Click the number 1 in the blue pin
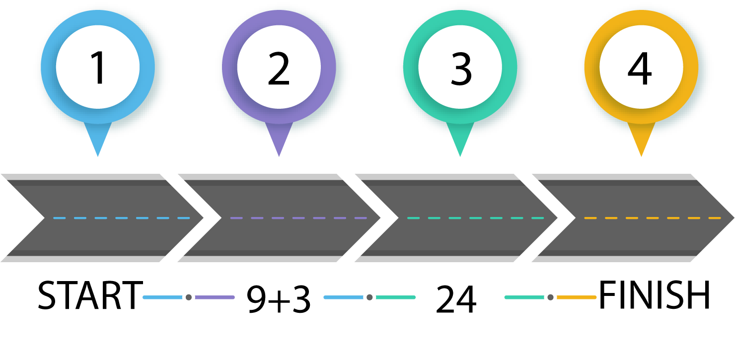click(98, 69)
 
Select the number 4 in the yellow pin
click(640, 69)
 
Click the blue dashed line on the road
click(122, 218)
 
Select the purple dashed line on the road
click(298, 218)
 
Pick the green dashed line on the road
click(475, 218)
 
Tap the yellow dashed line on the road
click(652, 218)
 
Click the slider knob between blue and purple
click(189, 297)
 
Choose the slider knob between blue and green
click(369, 297)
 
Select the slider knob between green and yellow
click(550, 297)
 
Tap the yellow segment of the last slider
click(576, 297)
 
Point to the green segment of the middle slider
click(395, 297)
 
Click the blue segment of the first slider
click(162, 297)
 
